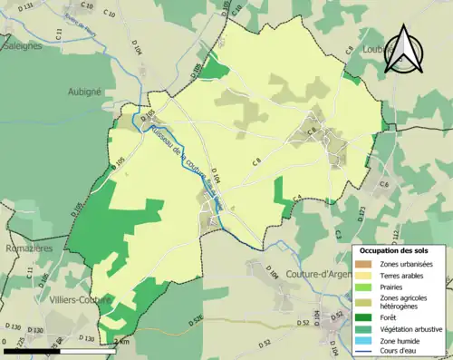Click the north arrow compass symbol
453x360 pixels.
403,50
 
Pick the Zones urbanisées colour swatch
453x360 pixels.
363,263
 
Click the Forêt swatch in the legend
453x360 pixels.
363,317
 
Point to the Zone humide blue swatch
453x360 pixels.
363,339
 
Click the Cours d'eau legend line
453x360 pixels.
363,350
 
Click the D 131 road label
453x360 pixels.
26,7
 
